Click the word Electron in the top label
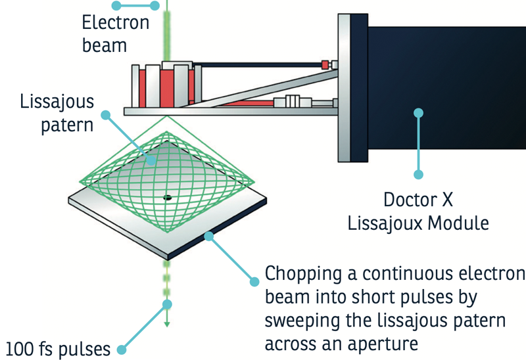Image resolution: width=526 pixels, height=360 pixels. (x=116, y=23)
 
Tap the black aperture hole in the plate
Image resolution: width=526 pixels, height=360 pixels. (x=167, y=197)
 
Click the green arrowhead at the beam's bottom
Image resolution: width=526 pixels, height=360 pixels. (x=168, y=323)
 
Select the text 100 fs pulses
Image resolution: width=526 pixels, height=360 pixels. (x=59, y=348)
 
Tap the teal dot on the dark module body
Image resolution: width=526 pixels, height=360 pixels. (x=418, y=113)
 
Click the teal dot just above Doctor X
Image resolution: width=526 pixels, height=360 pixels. (x=418, y=175)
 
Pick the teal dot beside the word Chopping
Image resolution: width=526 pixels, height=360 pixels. (x=254, y=281)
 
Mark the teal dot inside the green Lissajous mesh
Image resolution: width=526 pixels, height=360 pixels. (x=151, y=160)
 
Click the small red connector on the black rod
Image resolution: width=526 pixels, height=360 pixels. (x=325, y=64)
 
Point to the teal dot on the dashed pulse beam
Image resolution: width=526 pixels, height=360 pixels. (x=168, y=304)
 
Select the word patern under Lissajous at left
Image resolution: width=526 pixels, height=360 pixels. (x=67, y=125)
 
